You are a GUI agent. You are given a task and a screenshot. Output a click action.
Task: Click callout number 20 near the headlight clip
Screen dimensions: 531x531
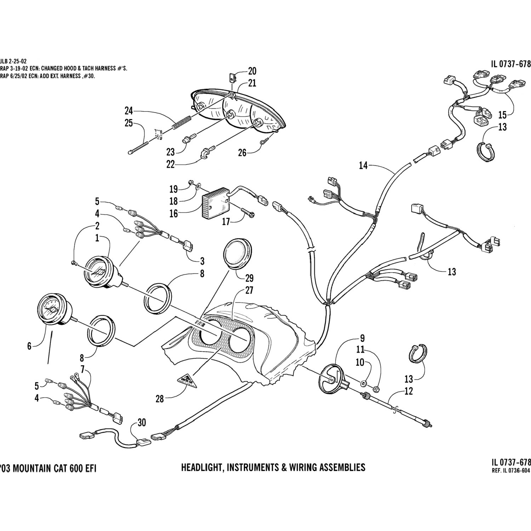tap(252, 72)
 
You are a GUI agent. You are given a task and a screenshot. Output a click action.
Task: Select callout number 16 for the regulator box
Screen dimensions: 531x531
tap(173, 214)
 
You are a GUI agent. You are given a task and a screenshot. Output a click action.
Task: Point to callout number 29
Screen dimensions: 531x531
tap(250, 278)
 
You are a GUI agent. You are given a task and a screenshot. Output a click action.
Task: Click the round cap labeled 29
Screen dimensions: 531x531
tap(237, 255)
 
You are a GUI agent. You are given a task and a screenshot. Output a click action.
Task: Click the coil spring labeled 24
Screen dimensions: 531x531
tap(182, 122)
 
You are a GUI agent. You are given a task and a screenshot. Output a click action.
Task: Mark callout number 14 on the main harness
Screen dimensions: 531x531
tap(363, 165)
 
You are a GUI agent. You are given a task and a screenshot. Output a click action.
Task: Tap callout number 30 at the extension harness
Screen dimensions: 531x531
tap(142, 423)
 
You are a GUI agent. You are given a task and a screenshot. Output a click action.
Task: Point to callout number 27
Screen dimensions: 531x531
tap(249, 291)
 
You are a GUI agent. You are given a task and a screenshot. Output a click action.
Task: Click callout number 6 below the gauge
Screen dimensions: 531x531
tap(29, 346)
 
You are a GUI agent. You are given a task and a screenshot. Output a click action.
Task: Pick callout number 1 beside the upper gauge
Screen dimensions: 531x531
tap(97, 238)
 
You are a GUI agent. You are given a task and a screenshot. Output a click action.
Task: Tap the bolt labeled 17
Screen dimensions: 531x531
tap(249, 214)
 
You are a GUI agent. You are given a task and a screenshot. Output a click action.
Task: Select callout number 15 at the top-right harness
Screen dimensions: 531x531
tap(502, 114)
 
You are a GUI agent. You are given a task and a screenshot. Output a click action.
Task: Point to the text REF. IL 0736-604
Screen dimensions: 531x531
tap(512, 471)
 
